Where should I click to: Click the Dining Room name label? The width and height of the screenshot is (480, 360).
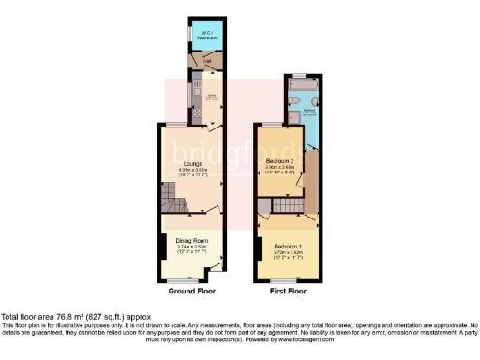[x=192, y=241]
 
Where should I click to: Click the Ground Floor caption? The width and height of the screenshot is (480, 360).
[x=192, y=292]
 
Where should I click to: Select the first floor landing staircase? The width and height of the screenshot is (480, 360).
[x=292, y=205]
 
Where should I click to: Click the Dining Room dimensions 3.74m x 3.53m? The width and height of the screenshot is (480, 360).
[x=192, y=247]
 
